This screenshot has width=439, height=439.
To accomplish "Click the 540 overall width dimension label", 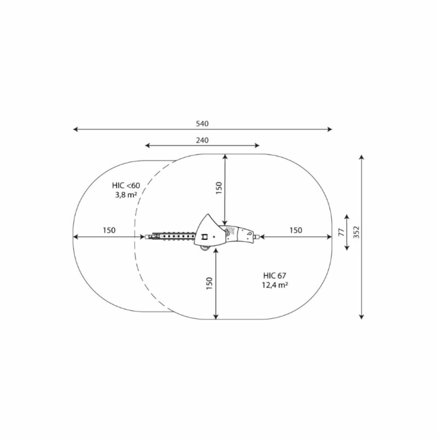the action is point(202,123).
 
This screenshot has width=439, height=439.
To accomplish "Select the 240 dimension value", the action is point(202,140).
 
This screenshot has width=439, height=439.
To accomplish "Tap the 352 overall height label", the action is point(356,232).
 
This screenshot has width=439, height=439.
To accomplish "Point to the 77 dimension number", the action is point(341,232).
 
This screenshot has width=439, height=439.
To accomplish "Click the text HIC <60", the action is point(126,185).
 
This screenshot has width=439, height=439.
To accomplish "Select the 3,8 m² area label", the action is point(126,195).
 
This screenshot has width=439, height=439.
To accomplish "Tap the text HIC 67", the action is point(275,276).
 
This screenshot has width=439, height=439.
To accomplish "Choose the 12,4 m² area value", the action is point(276,285).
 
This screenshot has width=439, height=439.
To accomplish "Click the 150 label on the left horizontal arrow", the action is point(109,230).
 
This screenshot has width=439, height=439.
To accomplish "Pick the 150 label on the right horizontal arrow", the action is point(296,230).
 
